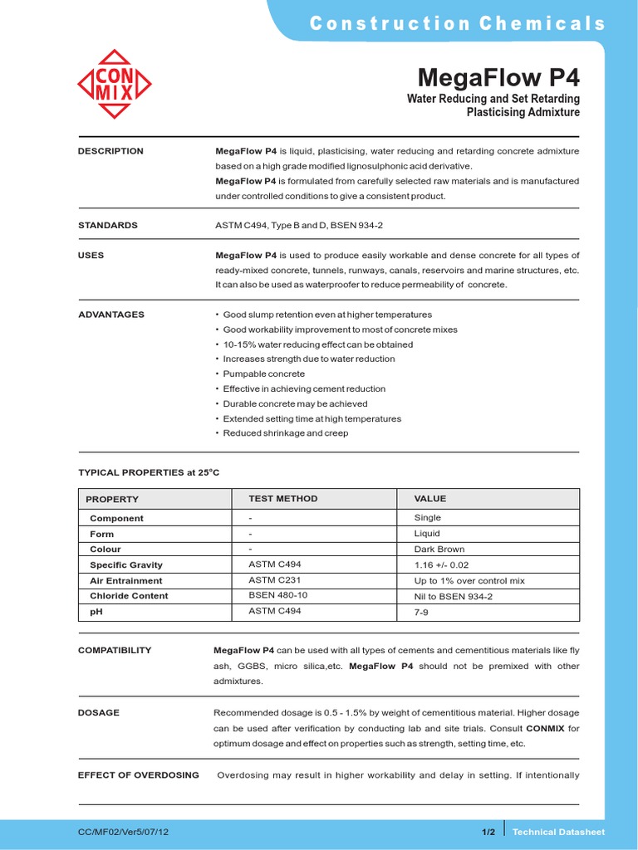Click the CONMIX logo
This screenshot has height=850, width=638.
[x=115, y=85]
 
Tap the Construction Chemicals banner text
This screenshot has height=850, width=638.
[x=458, y=23]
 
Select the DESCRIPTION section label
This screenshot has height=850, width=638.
[x=110, y=151]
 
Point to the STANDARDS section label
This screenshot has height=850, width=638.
[x=108, y=225]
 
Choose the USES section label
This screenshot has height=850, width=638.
[x=91, y=255]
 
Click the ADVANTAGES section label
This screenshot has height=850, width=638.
[x=111, y=315]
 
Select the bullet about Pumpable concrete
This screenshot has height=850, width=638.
[x=263, y=374]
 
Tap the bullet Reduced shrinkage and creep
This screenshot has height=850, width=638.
[x=285, y=433]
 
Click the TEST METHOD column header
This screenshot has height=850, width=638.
[x=283, y=499]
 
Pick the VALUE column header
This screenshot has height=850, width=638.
[x=430, y=499]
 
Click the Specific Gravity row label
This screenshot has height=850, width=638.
[x=126, y=565]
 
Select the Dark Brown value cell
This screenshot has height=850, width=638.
[x=439, y=549]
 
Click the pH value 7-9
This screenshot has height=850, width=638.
[x=423, y=611]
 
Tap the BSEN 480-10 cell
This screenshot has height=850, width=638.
[x=278, y=595]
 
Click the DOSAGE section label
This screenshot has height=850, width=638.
[x=99, y=712]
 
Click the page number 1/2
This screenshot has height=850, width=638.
[x=488, y=832]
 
